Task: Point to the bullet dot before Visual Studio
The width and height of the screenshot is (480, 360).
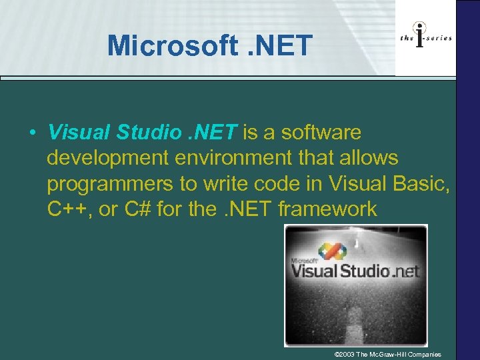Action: point(32,133)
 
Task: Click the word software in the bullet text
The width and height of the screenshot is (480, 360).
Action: point(321,133)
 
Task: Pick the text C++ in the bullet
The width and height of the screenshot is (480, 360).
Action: point(68,209)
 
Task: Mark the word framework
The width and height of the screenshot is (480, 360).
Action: point(327,209)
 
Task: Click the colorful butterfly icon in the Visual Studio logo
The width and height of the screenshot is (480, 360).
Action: point(331,252)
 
